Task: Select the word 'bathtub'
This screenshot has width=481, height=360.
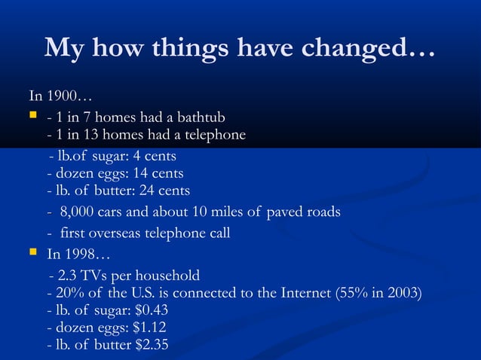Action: (x=199, y=118)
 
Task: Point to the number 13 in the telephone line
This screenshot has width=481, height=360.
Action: (x=85, y=136)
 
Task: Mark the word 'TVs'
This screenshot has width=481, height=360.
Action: (x=93, y=276)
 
